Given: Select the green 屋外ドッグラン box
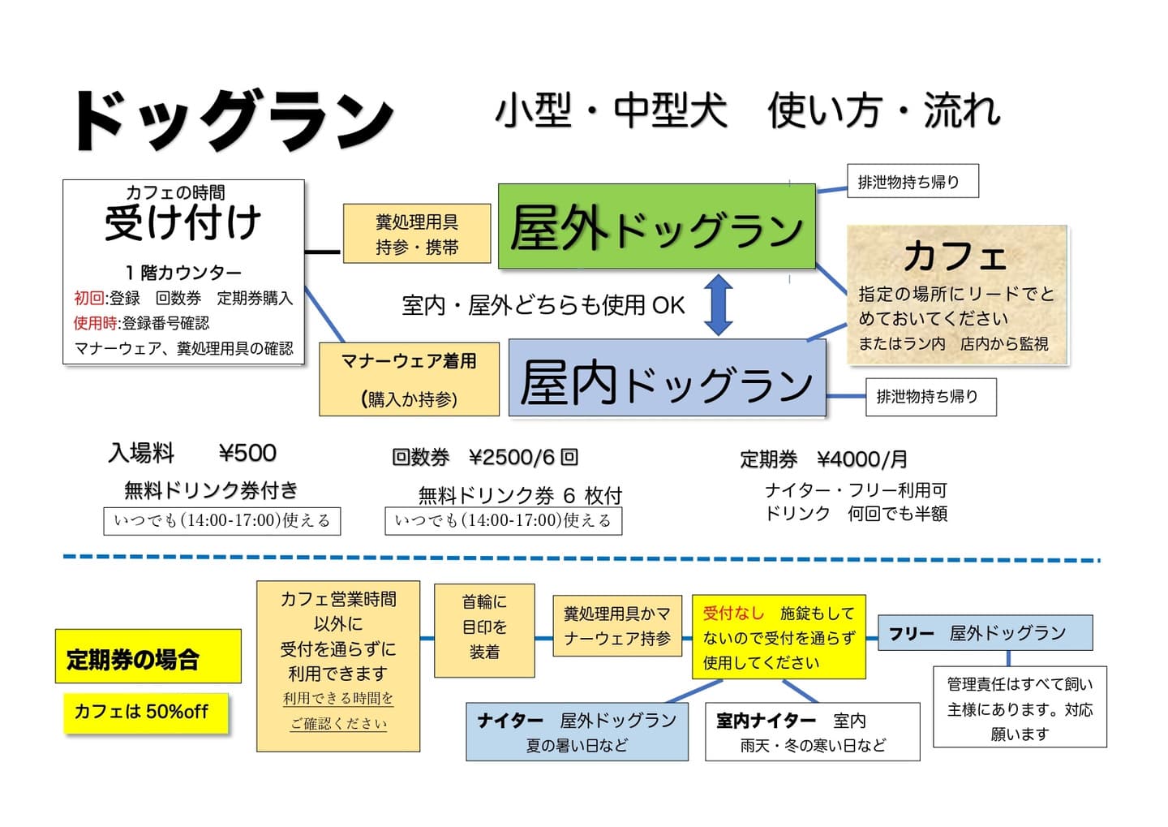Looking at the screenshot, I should [655, 226].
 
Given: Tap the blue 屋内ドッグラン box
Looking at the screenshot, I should [666, 379].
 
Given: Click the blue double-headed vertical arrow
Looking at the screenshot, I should [718, 304].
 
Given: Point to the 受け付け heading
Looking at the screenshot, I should [182, 223].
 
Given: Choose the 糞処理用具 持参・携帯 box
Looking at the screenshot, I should [417, 234].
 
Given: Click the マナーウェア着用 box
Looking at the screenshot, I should [409, 379].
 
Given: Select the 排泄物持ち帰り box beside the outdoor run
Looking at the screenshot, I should [912, 181].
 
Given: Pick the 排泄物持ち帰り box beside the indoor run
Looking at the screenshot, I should [930, 397].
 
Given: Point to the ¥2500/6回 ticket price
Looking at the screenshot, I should [523, 457].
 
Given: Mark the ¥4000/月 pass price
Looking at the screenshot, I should [862, 459].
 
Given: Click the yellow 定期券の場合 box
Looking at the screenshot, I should [148, 657].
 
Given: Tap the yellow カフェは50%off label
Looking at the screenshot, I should [146, 713].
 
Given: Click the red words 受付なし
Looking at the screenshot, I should [733, 613].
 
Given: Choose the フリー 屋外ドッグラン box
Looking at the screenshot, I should [985, 632].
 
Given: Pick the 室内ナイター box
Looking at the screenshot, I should [812, 731].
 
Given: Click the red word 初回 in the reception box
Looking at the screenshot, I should [89, 298].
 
